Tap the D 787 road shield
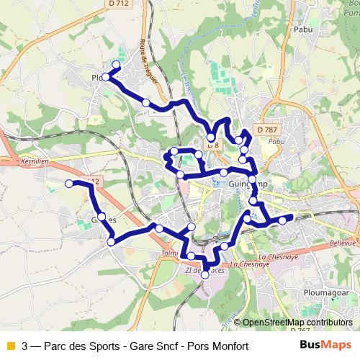click(268, 130)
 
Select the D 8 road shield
click(213, 145)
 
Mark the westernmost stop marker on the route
click(70, 184)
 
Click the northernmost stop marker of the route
click(116, 65)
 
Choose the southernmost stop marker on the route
click(205, 274)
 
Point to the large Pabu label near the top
click(302, 30)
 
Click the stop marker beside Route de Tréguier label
click(146, 103)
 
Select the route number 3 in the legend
click(25, 346)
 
